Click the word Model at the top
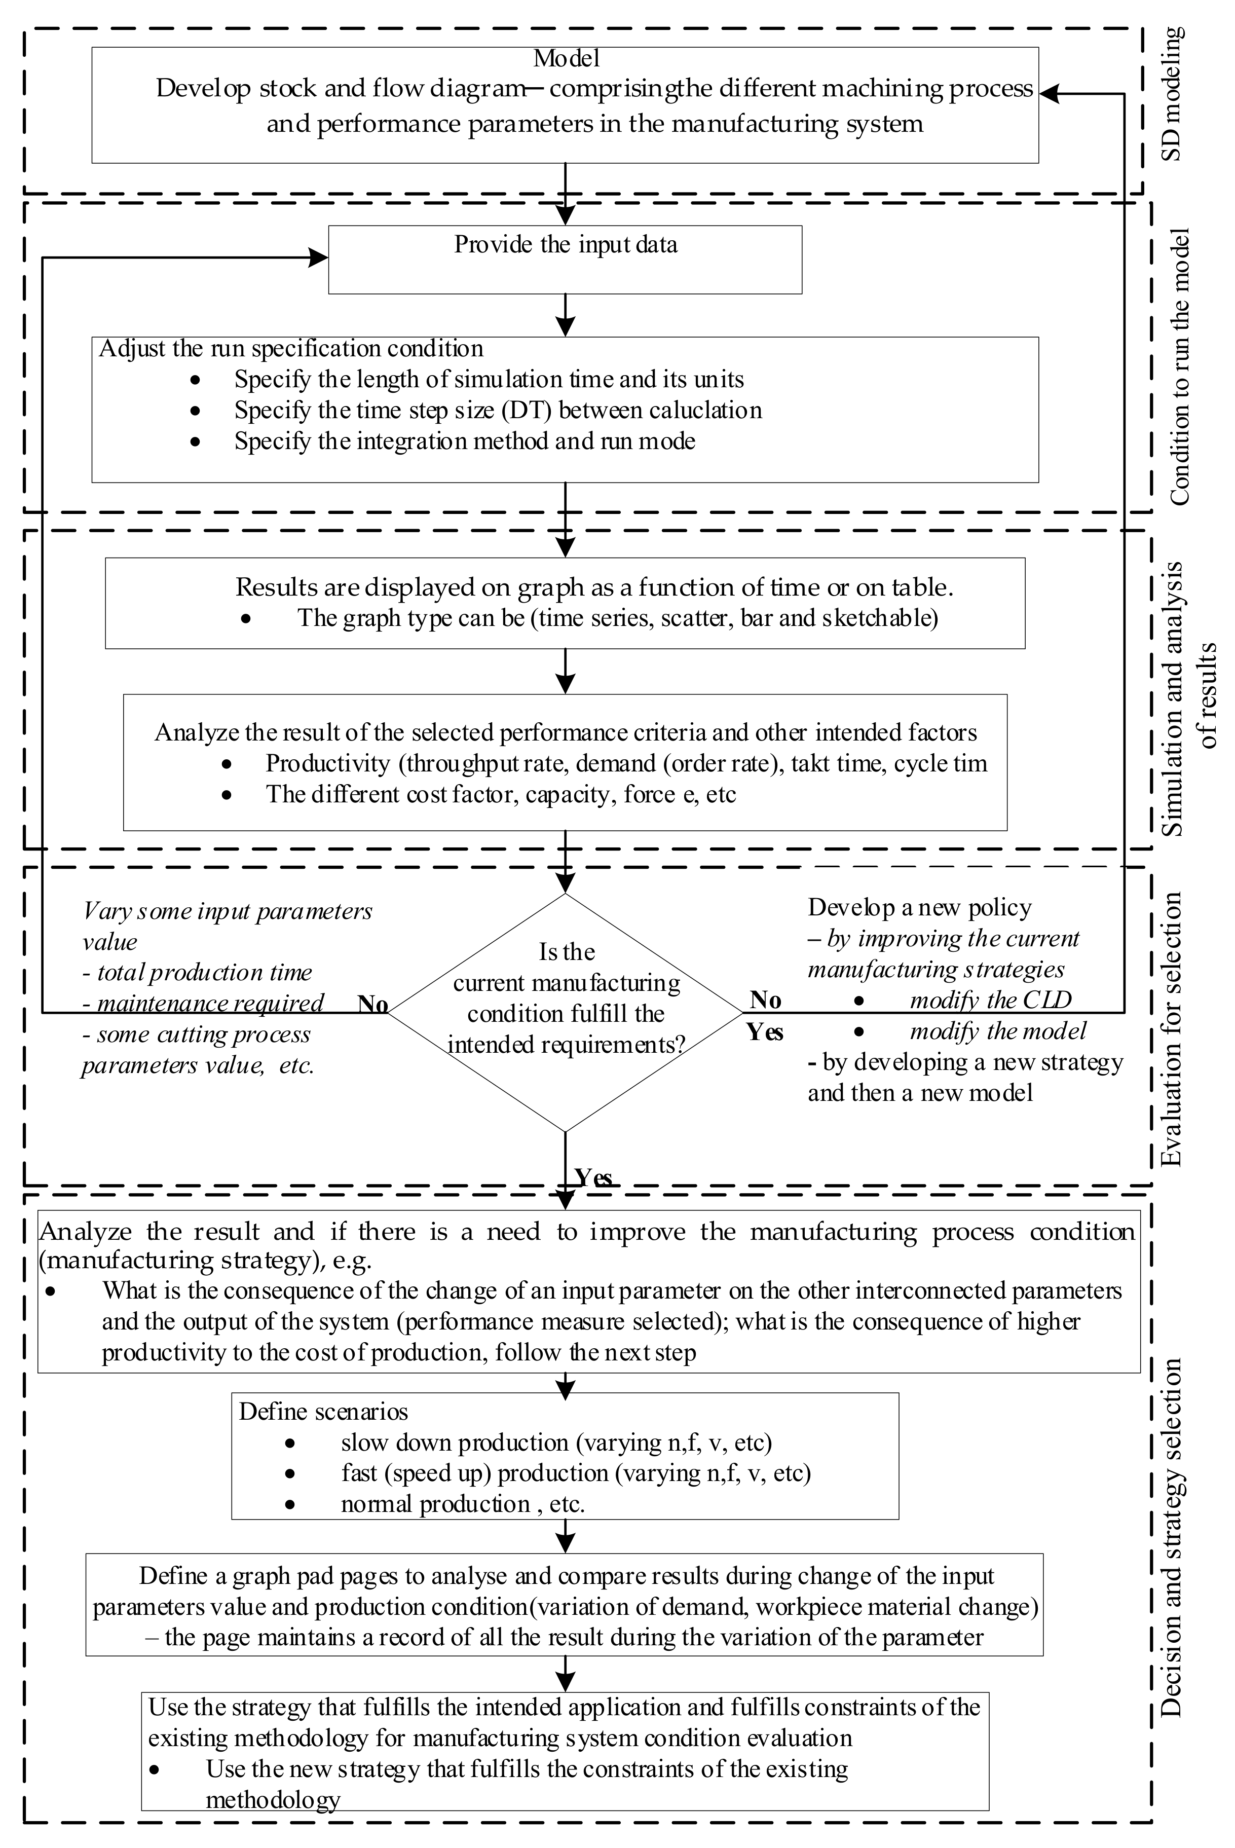point(566,58)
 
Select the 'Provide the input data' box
point(565,260)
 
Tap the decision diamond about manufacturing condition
point(565,1012)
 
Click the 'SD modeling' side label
point(1172,94)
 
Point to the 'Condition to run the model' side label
point(1179,366)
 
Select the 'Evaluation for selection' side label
point(1173,1028)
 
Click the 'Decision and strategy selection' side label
point(1173,1536)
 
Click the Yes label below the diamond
point(592,1177)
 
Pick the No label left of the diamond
point(372,1005)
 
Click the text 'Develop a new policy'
point(919,907)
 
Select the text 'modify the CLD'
point(990,1001)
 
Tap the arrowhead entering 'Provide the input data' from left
point(319,257)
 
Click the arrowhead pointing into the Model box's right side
point(1049,94)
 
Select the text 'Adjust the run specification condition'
point(291,348)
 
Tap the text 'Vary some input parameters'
point(228,911)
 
